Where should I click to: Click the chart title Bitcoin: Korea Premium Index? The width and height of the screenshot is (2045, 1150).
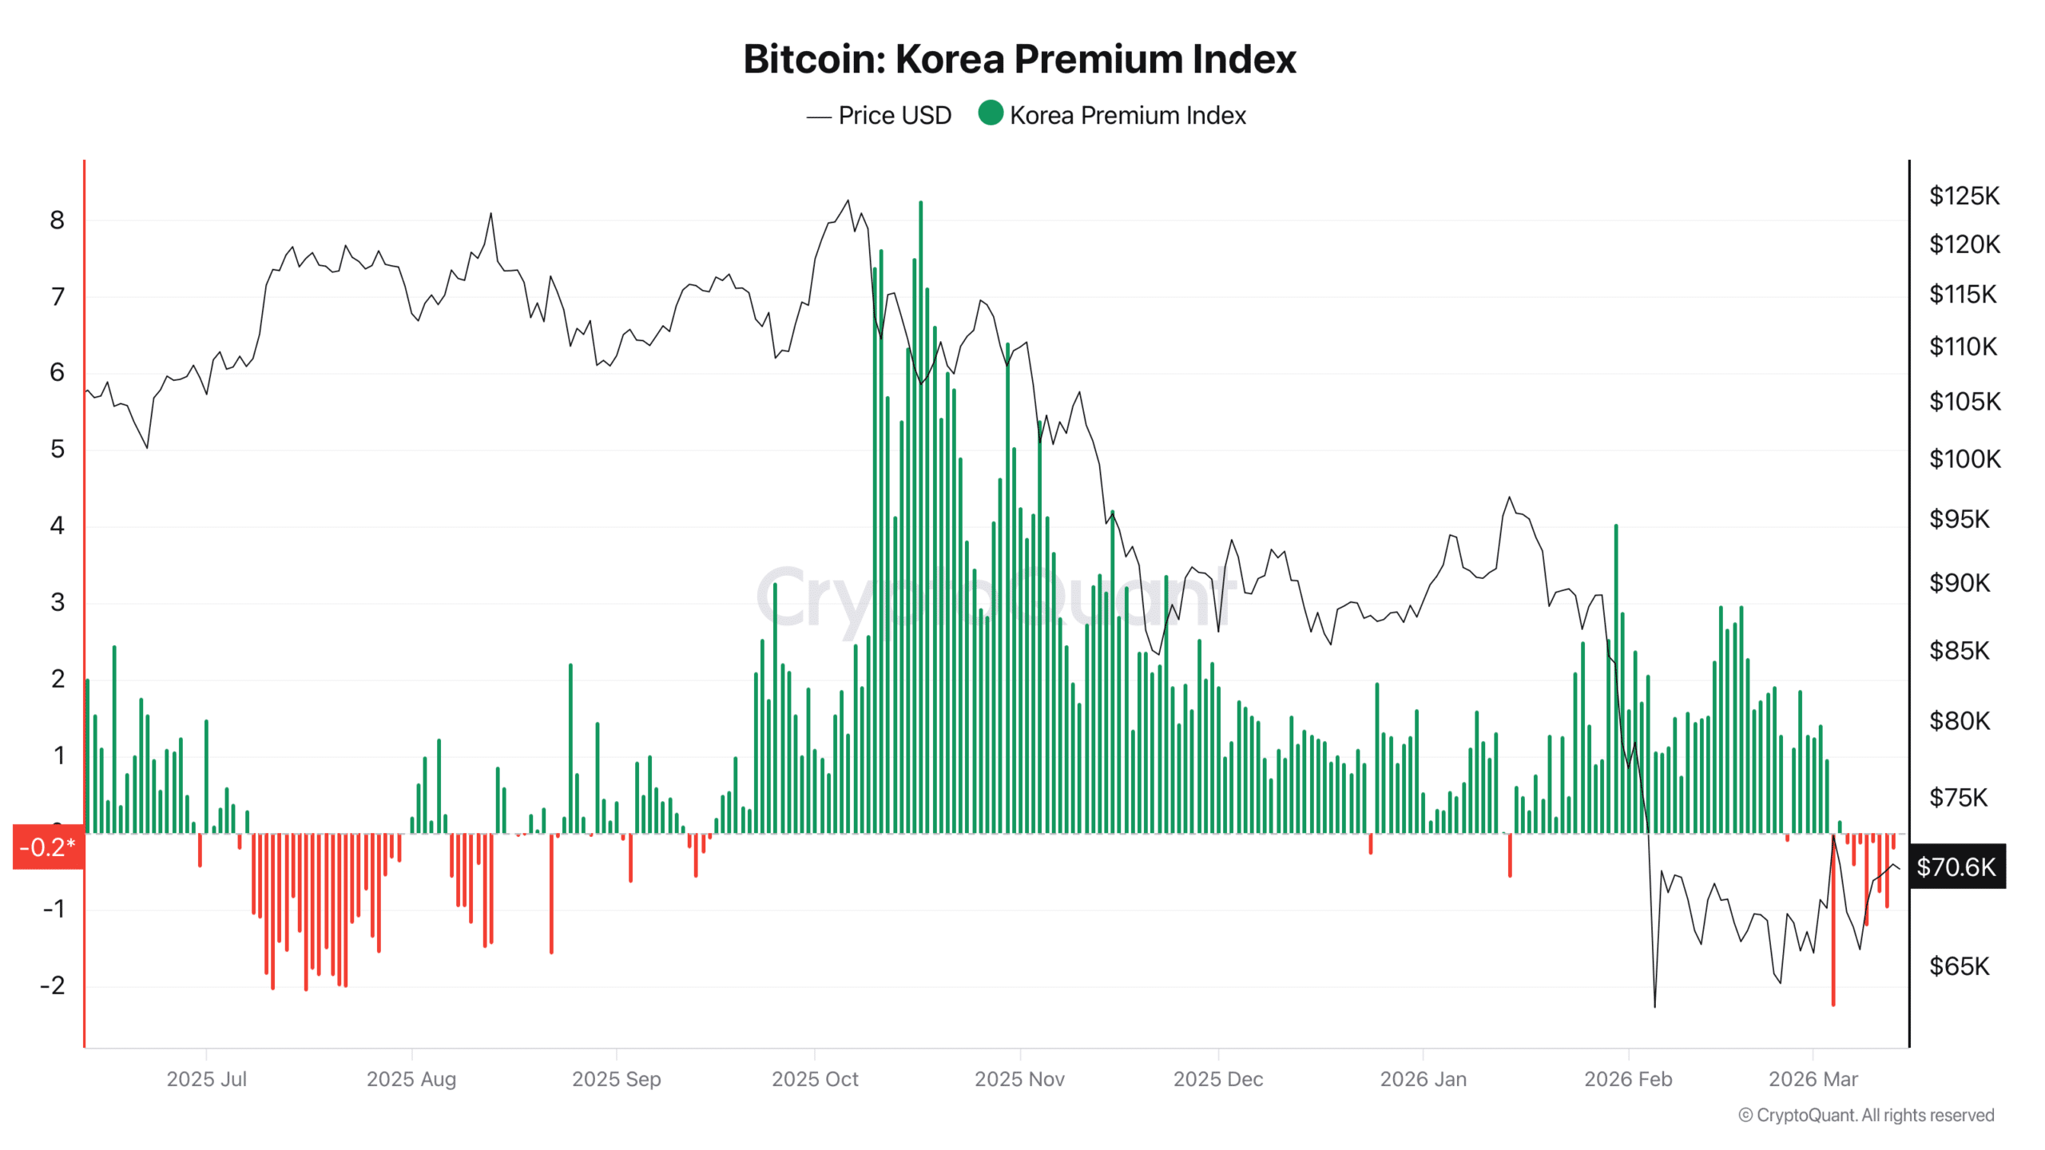[x=1019, y=59]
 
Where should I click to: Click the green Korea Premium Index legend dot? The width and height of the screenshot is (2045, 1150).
[x=991, y=113]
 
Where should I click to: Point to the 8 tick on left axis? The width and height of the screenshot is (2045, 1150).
[x=57, y=220]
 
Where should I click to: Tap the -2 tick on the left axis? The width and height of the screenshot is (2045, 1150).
[x=53, y=985]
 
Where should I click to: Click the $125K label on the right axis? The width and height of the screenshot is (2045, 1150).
[x=1964, y=196]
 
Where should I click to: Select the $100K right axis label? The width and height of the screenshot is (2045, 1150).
[x=1964, y=459]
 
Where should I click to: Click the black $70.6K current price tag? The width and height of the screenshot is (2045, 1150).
[x=1956, y=867]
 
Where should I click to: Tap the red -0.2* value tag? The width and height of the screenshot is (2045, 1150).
[x=48, y=847]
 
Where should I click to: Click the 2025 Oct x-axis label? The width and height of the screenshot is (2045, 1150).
[x=815, y=1080]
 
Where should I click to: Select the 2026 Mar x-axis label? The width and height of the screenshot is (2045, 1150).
[x=1813, y=1080]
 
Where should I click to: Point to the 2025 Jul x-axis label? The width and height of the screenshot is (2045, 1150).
[x=206, y=1080]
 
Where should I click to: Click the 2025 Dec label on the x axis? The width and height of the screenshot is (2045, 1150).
[x=1217, y=1080]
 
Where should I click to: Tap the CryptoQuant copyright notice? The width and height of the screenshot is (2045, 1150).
[x=1866, y=1116]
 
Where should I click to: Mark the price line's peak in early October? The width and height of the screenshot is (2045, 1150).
[x=848, y=201]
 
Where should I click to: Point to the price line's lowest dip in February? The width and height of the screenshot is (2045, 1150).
[x=1654, y=1005]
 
